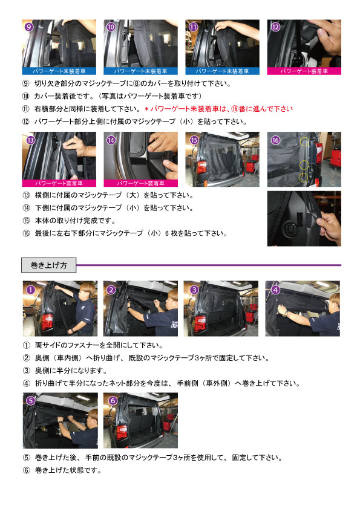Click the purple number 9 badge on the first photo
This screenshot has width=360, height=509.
pos(29,27)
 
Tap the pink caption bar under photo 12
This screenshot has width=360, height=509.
pos(304,71)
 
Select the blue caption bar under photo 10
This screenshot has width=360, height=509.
pos(141,71)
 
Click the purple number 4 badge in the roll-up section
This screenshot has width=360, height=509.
pos(275,289)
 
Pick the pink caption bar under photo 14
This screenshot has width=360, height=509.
pos(141,182)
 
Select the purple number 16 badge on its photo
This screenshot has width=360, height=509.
pos(275,140)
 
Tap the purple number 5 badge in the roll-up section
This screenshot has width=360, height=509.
pos(29,401)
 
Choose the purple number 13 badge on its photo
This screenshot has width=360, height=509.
pos(29,140)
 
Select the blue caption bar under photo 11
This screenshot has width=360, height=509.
pos(222,71)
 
